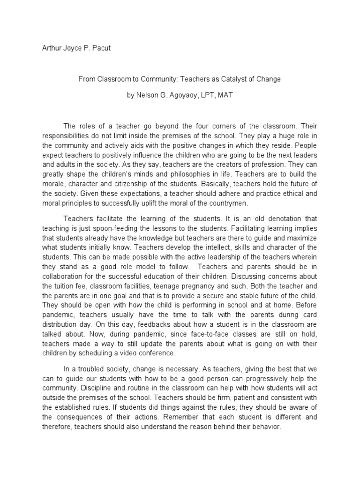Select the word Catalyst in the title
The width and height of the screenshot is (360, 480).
click(x=232, y=79)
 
